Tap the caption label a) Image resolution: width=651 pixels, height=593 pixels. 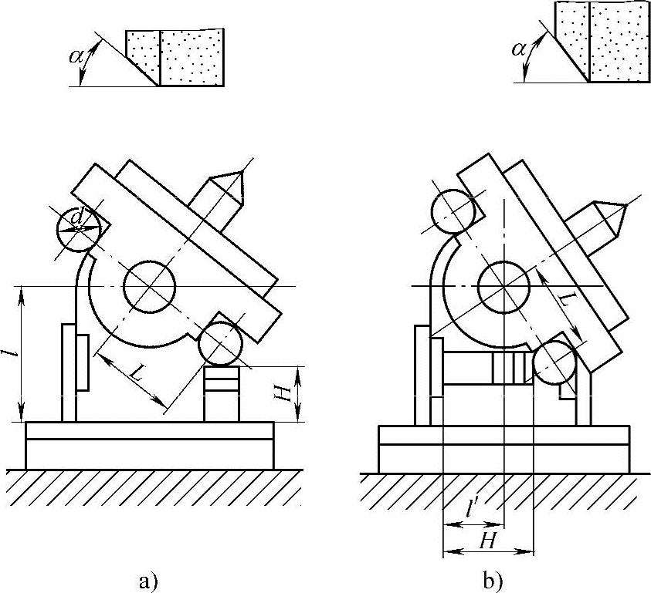147,578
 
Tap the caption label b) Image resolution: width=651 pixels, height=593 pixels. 492,578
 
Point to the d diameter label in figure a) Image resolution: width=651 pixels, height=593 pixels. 76,220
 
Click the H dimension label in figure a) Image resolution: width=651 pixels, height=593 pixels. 284,393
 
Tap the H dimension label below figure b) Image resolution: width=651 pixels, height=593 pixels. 487,540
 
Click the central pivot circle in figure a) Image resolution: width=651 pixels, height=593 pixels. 149,286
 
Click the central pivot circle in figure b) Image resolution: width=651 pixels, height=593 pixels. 504,286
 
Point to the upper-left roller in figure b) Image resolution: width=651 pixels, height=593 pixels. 452,211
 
